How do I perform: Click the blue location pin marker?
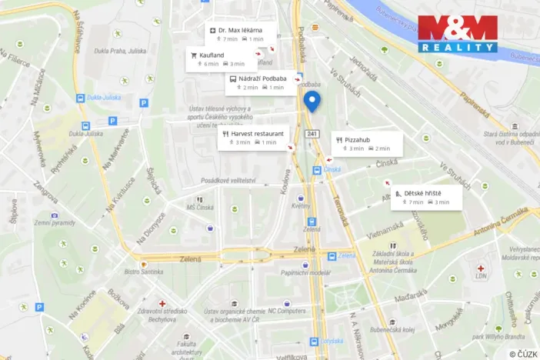[x=312, y=101]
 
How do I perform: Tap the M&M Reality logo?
[x=457, y=33]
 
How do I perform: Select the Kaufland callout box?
[x=217, y=59]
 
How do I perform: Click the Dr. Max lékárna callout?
[x=238, y=34]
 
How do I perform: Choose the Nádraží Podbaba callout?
[x=257, y=82]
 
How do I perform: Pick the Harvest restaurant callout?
[x=254, y=138]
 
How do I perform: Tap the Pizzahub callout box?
[x=367, y=143]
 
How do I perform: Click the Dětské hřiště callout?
[x=426, y=197]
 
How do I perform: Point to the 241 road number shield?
[x=312, y=134]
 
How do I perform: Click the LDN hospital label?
[x=481, y=275]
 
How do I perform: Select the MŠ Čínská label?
[x=200, y=207]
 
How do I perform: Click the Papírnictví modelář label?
[x=305, y=272]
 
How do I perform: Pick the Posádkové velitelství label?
[x=228, y=180]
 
